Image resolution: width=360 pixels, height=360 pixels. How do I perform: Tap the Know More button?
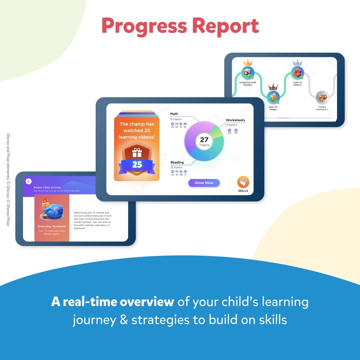tap(204, 183)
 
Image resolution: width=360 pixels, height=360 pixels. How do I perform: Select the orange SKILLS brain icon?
tap(243, 182)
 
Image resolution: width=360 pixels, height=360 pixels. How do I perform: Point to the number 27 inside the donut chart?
tap(204, 140)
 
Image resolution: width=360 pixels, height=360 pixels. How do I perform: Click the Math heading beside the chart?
tap(174, 114)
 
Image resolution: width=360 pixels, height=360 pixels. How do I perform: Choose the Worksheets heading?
tap(235, 120)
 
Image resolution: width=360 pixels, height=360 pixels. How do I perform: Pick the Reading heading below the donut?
tap(177, 162)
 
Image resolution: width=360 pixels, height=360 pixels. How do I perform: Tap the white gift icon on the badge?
tap(137, 153)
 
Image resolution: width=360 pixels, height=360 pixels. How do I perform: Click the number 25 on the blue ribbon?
tap(137, 165)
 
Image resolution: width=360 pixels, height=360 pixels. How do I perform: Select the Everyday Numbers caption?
tap(52, 226)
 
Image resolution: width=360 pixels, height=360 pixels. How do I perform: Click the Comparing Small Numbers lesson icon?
tap(248, 73)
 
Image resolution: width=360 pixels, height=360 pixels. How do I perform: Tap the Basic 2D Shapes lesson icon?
tap(273, 97)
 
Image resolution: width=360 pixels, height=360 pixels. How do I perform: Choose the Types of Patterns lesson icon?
tap(297, 73)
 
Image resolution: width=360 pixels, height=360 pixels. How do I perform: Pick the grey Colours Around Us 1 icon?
tap(322, 97)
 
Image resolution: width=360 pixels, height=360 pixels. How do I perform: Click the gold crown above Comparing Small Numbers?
tap(248, 63)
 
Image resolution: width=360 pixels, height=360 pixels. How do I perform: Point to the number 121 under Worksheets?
tap(236, 133)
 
